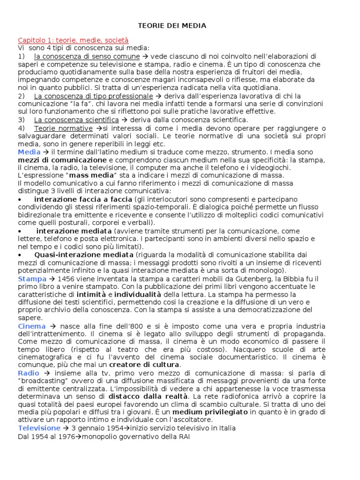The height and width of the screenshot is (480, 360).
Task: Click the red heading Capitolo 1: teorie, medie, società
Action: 73,40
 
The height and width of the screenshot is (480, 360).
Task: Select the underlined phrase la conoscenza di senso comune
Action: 87,56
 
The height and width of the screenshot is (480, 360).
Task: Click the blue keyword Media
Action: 30,152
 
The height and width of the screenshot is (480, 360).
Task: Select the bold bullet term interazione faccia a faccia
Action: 77,199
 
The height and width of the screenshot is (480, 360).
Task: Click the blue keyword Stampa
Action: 32,278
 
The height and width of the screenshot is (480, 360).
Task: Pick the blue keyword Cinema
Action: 32,326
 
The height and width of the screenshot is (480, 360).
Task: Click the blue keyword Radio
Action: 29,373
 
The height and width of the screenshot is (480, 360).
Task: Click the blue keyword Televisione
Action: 39,428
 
